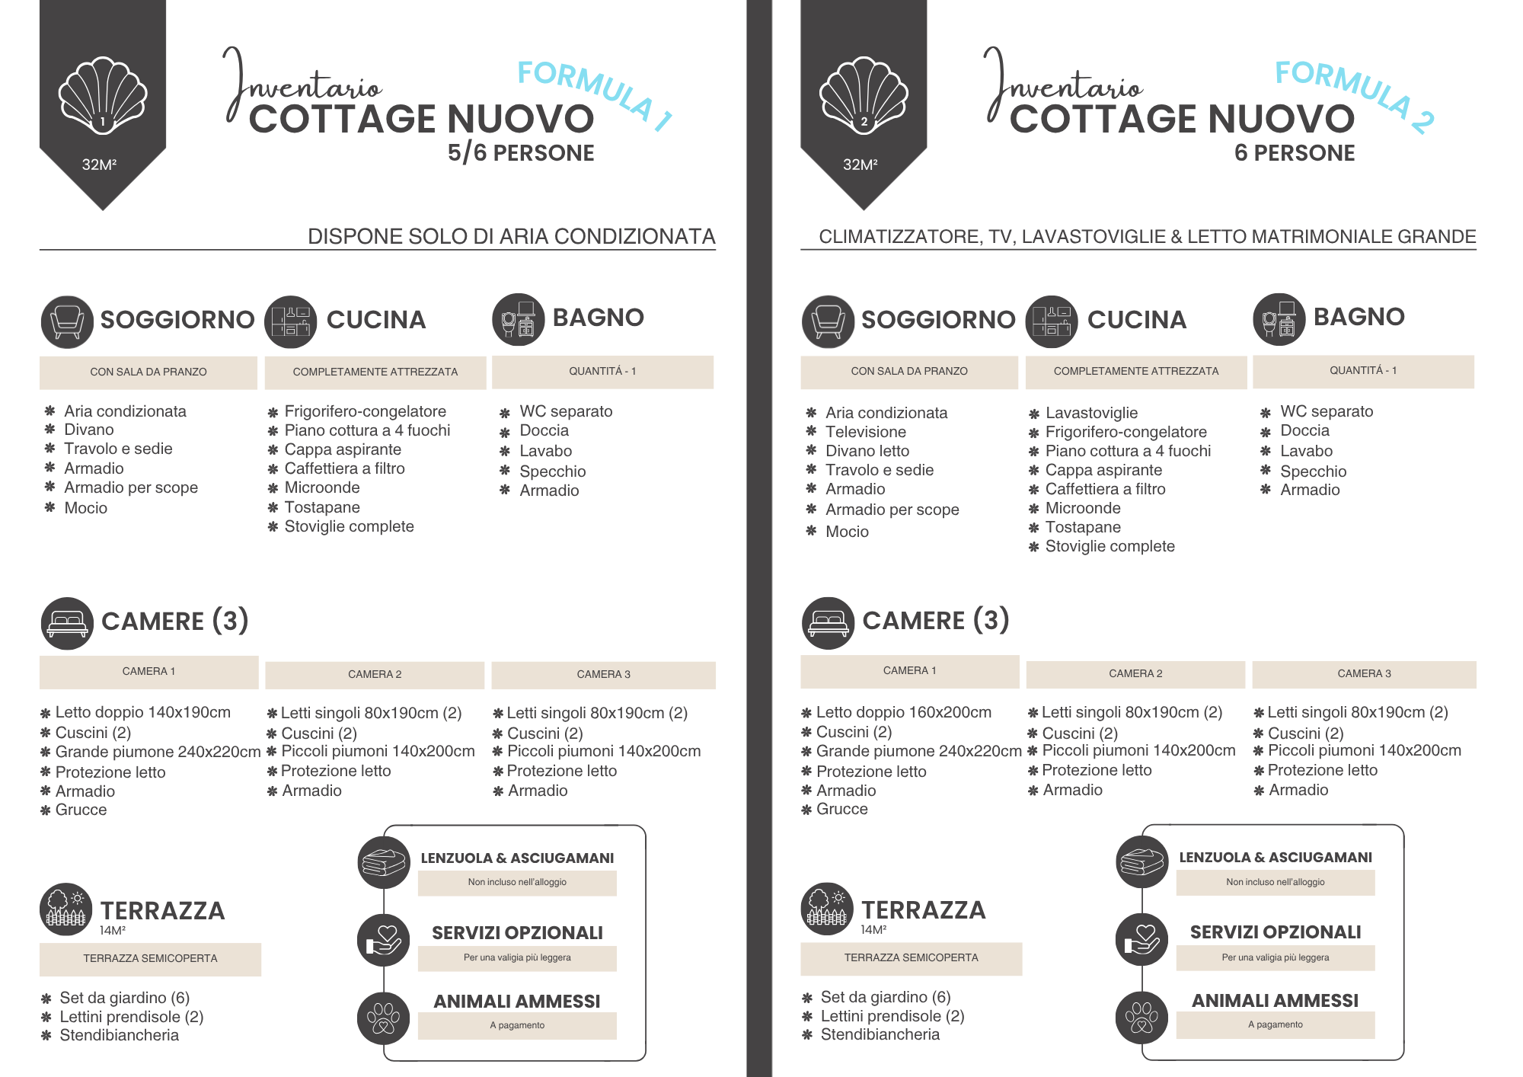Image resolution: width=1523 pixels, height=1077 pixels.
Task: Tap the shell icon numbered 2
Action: [x=864, y=96]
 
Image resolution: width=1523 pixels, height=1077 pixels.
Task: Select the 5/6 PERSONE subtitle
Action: [x=521, y=153]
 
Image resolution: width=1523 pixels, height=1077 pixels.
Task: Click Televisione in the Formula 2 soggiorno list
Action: [x=866, y=432]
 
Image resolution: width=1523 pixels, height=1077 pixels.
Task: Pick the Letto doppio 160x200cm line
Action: [x=903, y=712]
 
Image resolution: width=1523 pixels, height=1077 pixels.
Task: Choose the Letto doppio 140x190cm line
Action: [x=142, y=712]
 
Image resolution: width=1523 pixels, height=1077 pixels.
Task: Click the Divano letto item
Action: [x=867, y=451]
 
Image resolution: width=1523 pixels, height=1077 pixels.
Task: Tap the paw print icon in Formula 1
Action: [x=383, y=1018]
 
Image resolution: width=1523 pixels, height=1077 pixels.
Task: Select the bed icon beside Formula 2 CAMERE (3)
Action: [x=828, y=623]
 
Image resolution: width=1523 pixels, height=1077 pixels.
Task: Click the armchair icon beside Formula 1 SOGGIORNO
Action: [x=67, y=322]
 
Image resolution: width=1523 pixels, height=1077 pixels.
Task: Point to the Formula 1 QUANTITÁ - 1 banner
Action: [x=602, y=372]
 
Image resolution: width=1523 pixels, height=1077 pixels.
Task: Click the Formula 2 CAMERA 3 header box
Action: [x=1364, y=674]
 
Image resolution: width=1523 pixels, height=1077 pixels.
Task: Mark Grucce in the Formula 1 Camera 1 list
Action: [x=81, y=810]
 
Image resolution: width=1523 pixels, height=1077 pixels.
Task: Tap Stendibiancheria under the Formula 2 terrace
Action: [x=880, y=1034]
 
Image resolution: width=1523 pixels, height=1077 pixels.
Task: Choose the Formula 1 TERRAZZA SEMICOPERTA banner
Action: [x=150, y=959]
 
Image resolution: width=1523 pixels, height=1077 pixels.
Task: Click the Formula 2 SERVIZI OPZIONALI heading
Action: [x=1276, y=932]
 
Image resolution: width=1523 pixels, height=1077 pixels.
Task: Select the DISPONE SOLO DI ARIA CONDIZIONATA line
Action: [x=511, y=237]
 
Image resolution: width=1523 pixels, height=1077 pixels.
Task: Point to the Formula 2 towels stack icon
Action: [x=1141, y=861]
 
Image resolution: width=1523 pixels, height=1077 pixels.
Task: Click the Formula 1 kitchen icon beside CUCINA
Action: [x=290, y=322]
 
